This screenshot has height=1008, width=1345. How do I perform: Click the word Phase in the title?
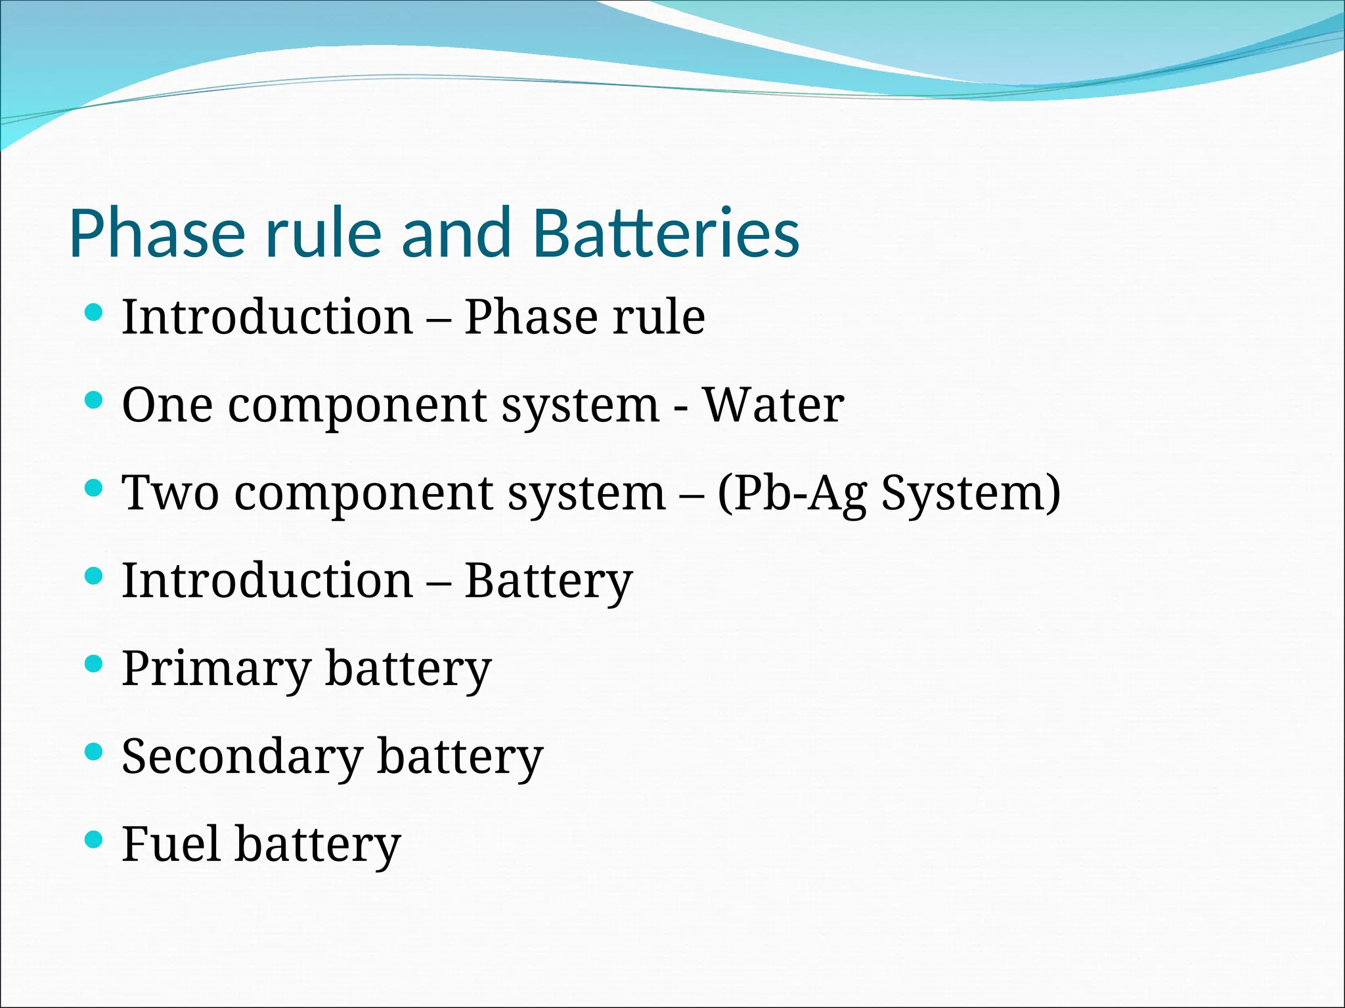coord(157,233)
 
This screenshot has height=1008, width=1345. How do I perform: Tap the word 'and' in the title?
coord(456,233)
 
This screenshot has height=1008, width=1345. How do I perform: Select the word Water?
coord(773,405)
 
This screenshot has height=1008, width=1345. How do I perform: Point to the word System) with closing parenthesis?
coord(971,493)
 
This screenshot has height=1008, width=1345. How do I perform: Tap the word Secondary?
coord(242,757)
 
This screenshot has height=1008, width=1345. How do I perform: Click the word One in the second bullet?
coord(167,405)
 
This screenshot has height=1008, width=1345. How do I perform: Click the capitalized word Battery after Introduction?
coord(548,581)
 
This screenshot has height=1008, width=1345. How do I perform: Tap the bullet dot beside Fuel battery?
coord(95,839)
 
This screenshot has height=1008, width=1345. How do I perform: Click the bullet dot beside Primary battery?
coord(95,663)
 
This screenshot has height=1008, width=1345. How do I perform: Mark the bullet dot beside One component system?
coord(95,400)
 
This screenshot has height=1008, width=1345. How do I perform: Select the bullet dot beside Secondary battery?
coord(95,751)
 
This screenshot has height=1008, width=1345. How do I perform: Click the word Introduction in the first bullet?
coord(267,317)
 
